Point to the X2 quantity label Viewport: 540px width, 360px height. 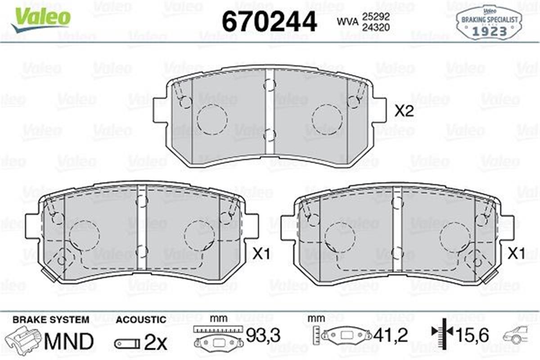click(x=404, y=111)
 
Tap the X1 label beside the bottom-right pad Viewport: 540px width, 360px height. click(x=517, y=253)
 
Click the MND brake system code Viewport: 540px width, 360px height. click(x=69, y=341)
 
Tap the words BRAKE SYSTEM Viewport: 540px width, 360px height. click(x=51, y=320)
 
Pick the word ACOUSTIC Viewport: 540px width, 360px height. click(x=141, y=320)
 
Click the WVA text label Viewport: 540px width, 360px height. click(x=346, y=21)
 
